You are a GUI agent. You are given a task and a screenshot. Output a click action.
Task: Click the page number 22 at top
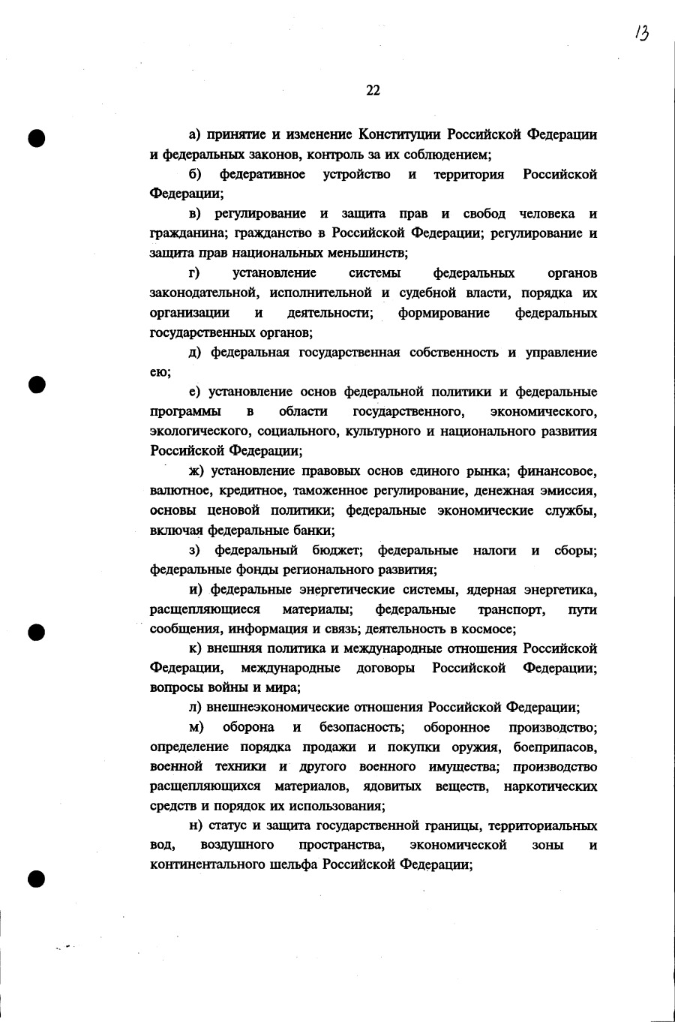pos(373,91)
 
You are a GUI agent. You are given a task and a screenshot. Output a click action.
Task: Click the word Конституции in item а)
pos(400,135)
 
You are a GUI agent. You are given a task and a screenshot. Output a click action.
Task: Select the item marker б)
pos(195,174)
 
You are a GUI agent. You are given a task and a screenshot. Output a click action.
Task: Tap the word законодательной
pos(199,293)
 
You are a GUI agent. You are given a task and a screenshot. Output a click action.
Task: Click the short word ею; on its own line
pos(160,372)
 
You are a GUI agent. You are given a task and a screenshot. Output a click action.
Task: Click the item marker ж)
pos(196,471)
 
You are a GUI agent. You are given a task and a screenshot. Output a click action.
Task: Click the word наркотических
pos(550,786)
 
